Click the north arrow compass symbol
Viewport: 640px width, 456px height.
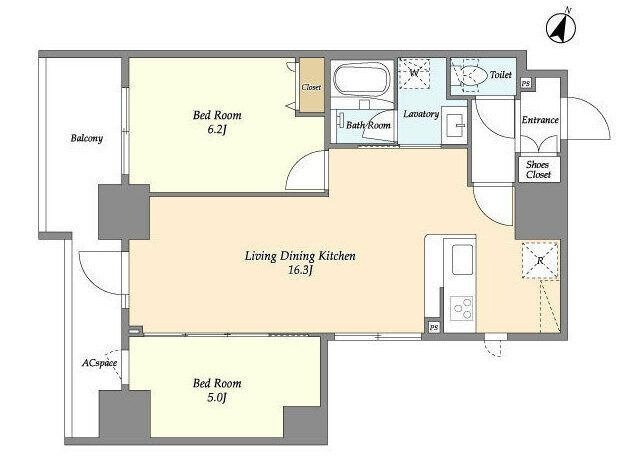561,27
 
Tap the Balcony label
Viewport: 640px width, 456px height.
87,138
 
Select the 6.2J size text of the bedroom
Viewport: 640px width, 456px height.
217,130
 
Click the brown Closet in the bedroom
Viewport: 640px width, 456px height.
312,85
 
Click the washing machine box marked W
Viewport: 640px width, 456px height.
414,73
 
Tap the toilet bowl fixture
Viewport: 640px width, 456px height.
473,75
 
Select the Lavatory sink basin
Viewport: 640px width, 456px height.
454,125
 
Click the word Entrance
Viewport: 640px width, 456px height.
540,120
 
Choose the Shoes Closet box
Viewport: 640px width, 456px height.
538,169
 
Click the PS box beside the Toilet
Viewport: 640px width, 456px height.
526,83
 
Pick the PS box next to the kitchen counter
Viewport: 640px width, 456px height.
433,327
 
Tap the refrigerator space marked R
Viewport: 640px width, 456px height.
540,260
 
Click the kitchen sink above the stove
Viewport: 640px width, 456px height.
462,260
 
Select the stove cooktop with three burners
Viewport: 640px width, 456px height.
462,308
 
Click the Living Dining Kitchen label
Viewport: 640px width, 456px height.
300,256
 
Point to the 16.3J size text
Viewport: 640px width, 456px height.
300,270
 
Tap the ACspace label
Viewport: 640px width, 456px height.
100,363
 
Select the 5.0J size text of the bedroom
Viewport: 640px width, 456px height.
217,397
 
